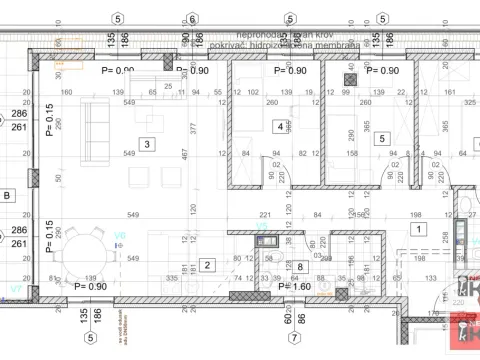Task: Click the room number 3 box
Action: pyautogui.click(x=147, y=145)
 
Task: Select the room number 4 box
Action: pyautogui.click(x=279, y=127)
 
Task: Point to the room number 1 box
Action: pyautogui.click(x=416, y=228)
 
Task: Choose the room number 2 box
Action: pyautogui.click(x=207, y=265)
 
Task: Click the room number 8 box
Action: pyautogui.click(x=300, y=267)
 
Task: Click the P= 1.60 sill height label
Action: pyautogui.click(x=295, y=287)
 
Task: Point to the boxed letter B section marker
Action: pyautogui.click(x=8, y=196)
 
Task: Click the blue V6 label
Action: pyautogui.click(x=120, y=237)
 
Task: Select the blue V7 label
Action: pyautogui.click(x=14, y=288)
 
